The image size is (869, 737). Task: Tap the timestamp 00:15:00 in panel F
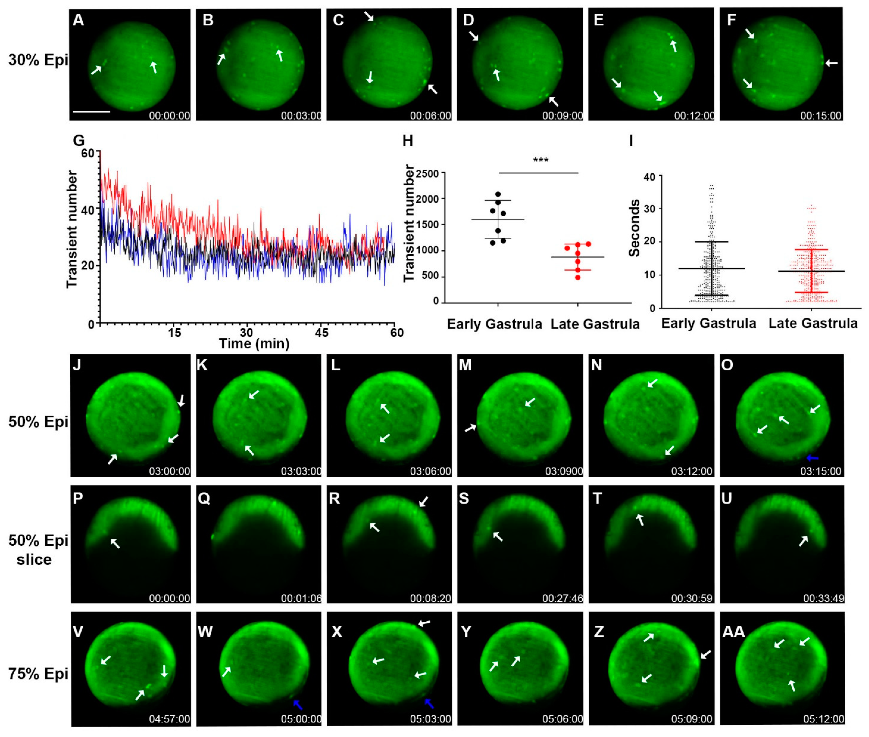[x=820, y=115]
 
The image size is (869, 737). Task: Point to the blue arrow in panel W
[x=298, y=705]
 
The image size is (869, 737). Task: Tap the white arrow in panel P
[x=115, y=543]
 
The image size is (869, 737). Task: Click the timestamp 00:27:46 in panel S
[x=562, y=598]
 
